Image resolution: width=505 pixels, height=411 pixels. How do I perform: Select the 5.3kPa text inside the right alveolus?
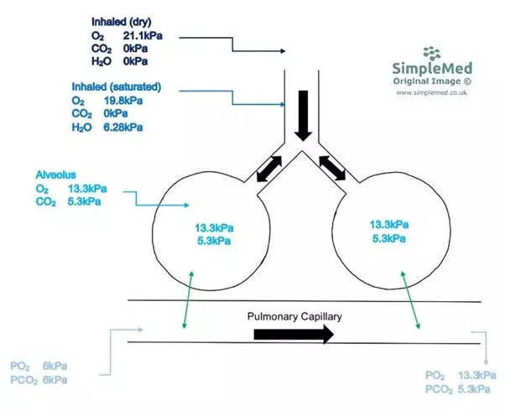(389, 238)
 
